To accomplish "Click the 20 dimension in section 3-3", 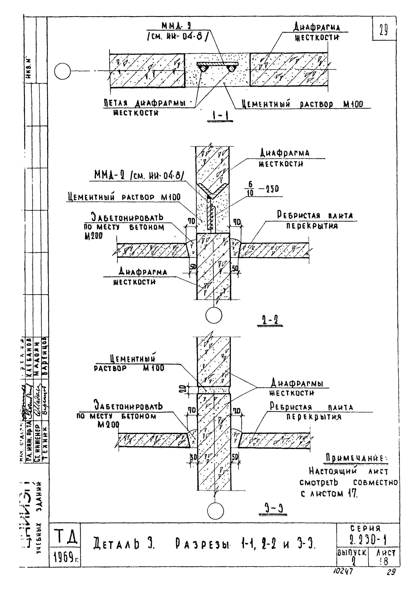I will click(x=191, y=390).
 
